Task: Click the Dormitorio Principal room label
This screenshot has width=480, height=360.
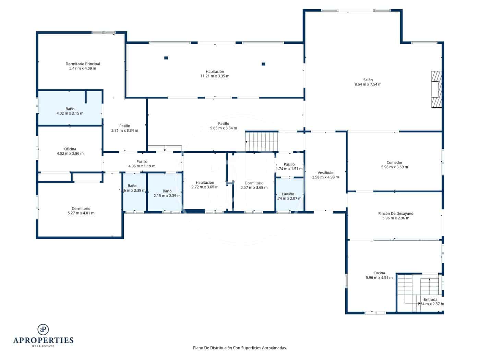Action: point(83,64)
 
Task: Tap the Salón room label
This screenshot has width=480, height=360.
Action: point(368,80)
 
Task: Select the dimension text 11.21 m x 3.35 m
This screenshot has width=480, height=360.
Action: point(215,76)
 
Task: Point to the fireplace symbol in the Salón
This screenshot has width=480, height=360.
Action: point(436,89)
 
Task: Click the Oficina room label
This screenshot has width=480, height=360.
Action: point(70,149)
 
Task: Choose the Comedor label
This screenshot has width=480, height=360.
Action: point(394,163)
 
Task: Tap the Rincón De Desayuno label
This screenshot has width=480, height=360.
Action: point(396,214)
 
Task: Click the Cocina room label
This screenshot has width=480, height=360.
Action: point(379,273)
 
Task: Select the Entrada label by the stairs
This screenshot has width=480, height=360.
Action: point(431,299)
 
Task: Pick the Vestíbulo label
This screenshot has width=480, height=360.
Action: point(325,173)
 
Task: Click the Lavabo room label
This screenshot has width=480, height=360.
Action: point(288,194)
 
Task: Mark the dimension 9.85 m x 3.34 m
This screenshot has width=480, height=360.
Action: point(224,128)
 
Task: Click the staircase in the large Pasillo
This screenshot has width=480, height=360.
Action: point(262,141)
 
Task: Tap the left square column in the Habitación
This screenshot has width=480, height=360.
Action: point(166,58)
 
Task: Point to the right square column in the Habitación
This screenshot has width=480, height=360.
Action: point(263,64)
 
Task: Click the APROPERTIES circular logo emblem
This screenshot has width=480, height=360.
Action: point(43,329)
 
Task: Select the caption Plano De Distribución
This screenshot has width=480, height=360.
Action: point(240,348)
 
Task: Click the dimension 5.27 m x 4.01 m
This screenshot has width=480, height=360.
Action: point(81,213)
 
